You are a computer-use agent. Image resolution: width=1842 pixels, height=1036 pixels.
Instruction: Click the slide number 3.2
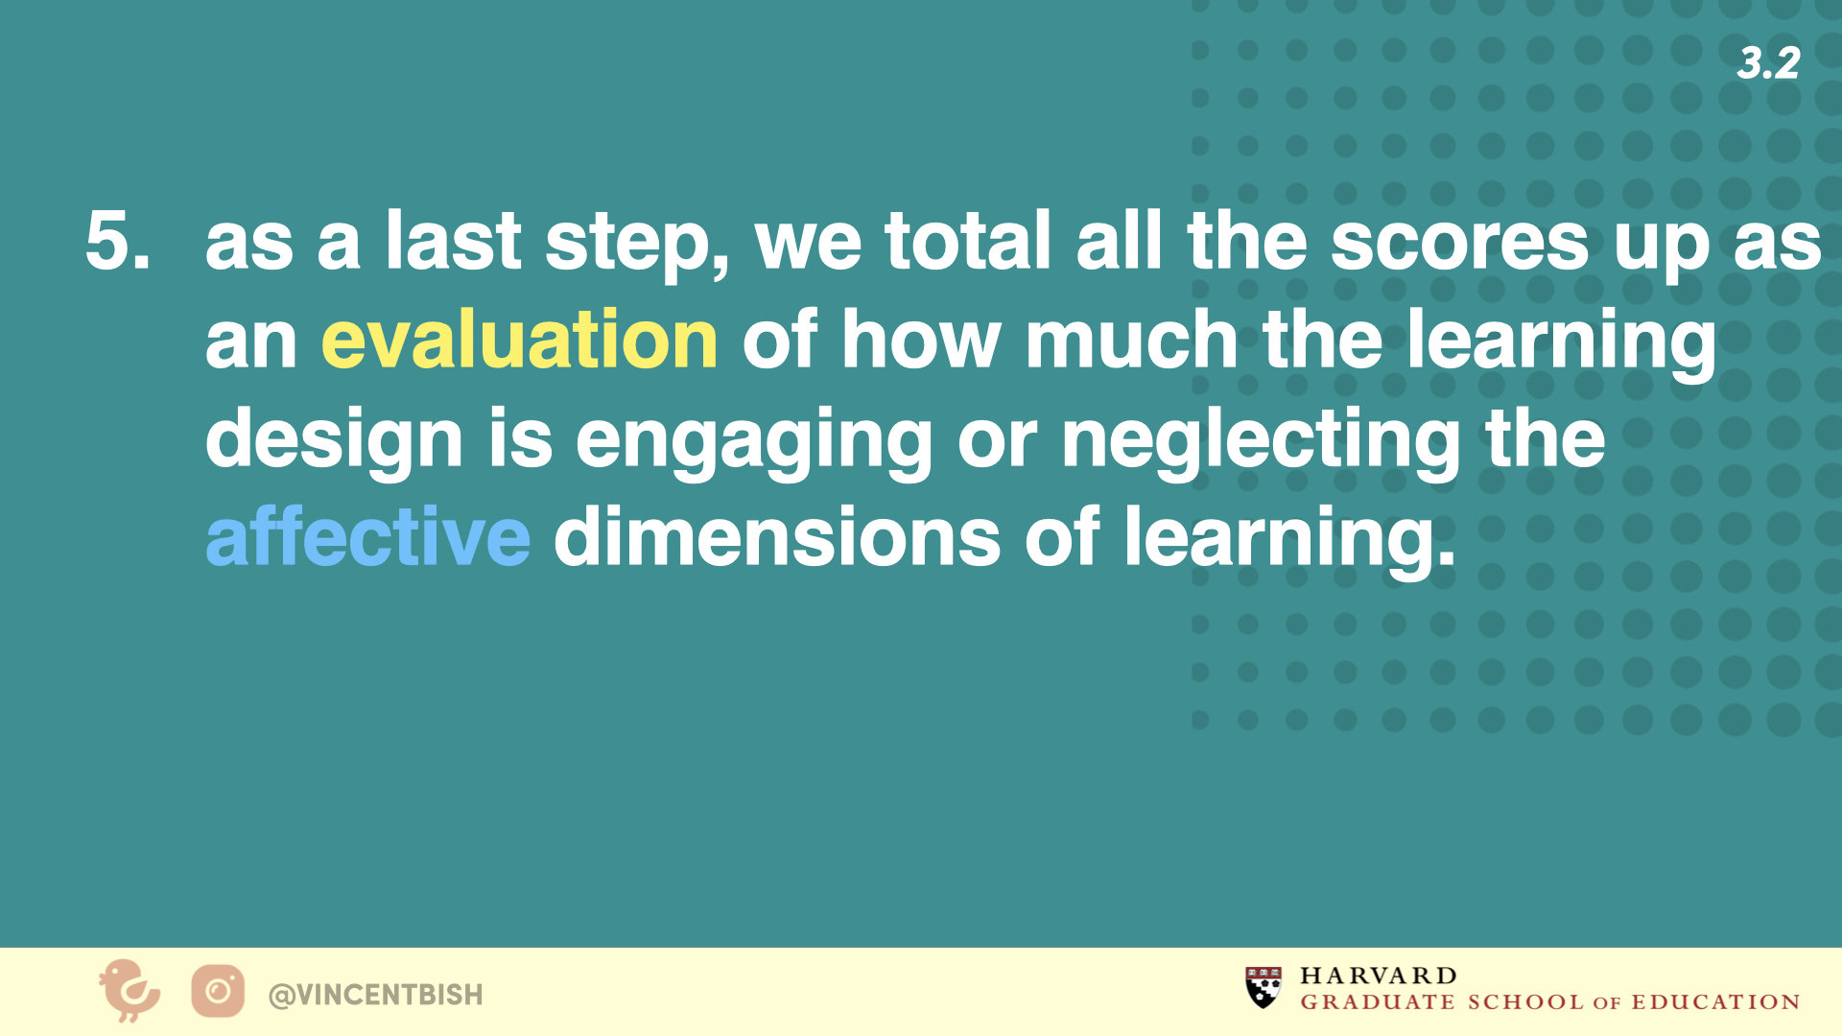[x=1768, y=63]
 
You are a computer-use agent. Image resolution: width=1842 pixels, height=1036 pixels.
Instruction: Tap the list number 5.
[x=118, y=240]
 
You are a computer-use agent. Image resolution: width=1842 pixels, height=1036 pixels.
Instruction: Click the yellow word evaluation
[x=519, y=340]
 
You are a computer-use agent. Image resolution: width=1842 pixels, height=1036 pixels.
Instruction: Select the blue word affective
[x=367, y=536]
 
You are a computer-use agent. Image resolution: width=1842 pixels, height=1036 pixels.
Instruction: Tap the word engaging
[x=753, y=442]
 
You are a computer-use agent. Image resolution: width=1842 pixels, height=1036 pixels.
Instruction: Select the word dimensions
[x=777, y=536]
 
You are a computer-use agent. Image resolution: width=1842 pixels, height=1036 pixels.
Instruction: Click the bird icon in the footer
[x=130, y=990]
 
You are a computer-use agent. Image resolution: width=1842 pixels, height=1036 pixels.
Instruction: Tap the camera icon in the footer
[x=218, y=991]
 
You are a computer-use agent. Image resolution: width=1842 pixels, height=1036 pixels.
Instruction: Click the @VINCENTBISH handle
[x=376, y=995]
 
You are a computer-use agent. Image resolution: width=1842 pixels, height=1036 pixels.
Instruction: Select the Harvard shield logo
[x=1263, y=988]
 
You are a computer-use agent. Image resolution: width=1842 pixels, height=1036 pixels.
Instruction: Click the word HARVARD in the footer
[x=1379, y=977]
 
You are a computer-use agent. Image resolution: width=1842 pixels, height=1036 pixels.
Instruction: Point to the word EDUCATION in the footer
[x=1715, y=1002]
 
